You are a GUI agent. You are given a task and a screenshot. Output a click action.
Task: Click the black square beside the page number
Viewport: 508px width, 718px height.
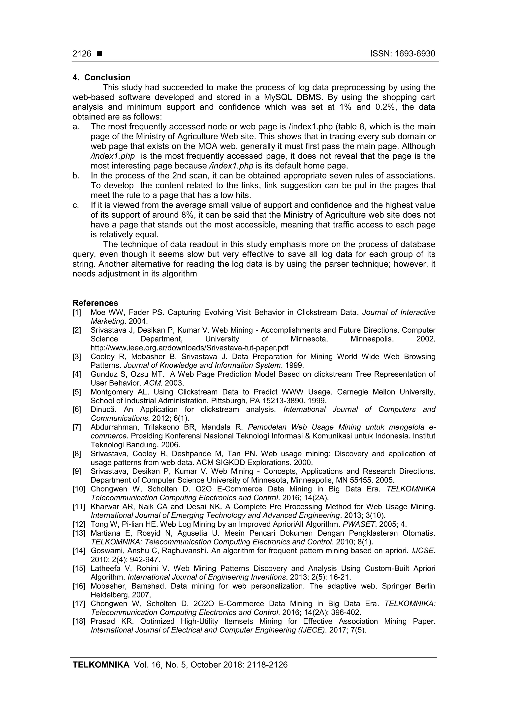(99, 54)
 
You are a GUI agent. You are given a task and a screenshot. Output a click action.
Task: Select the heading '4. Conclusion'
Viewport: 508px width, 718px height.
(101, 78)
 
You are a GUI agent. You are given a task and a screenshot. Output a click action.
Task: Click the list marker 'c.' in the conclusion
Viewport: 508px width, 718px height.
(76, 205)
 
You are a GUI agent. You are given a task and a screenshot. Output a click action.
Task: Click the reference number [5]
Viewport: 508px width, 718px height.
(77, 392)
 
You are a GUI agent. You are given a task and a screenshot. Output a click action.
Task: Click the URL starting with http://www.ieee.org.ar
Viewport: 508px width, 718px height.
(189, 348)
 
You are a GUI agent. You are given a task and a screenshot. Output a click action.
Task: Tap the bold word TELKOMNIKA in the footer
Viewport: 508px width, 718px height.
(101, 664)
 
